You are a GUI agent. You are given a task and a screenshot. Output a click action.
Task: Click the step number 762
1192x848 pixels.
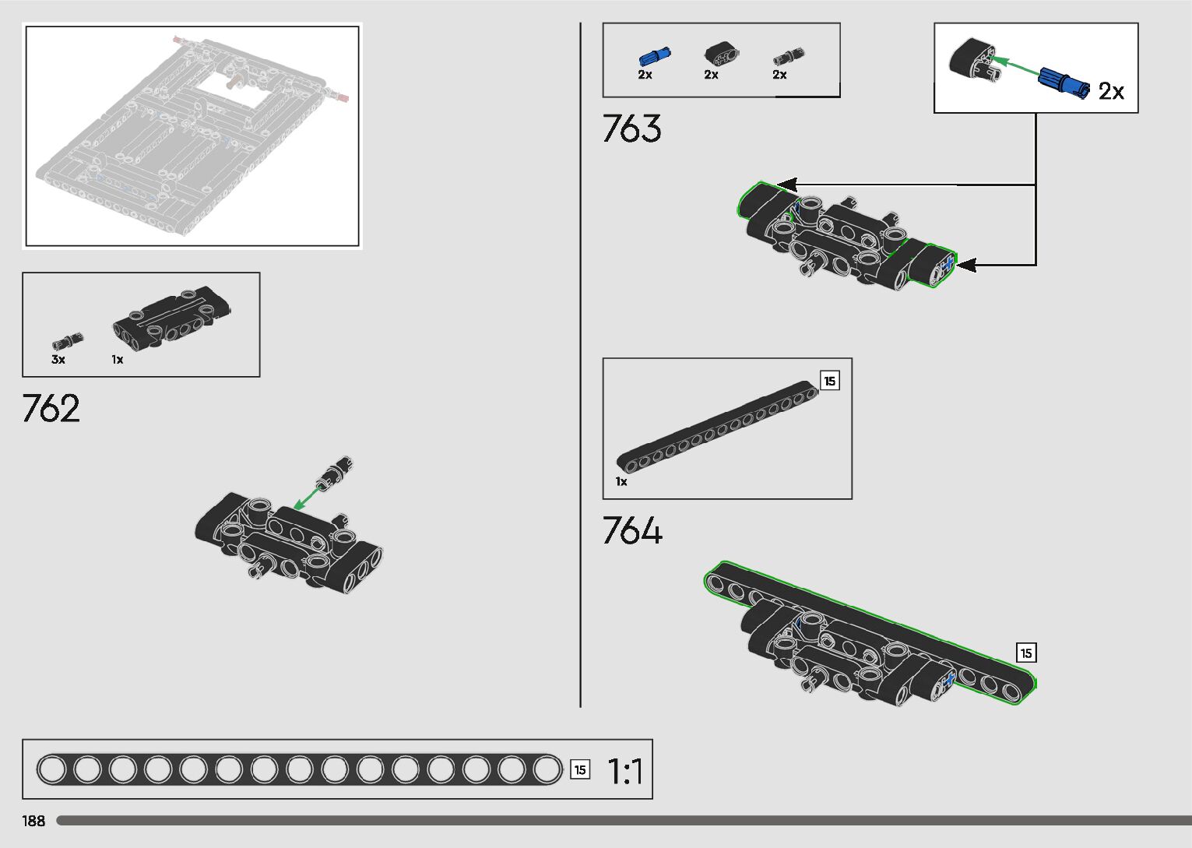click(51, 408)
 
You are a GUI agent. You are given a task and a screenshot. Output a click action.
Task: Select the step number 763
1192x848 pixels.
click(631, 128)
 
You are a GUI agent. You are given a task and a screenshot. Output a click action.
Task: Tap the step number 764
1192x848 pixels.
click(632, 530)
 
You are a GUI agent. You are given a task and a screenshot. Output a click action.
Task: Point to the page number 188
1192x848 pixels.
click(33, 821)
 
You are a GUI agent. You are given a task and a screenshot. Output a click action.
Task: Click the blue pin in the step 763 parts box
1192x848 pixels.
click(655, 56)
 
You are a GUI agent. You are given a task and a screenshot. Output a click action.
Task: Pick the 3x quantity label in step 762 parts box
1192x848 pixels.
click(58, 359)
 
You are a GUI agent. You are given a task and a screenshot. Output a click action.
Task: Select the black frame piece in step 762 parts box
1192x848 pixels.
click(171, 319)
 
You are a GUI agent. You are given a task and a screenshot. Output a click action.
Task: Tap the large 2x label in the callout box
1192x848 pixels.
click(1111, 91)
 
